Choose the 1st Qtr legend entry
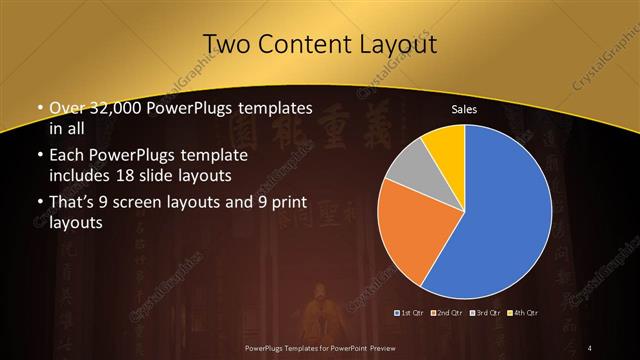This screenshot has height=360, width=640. coord(410,314)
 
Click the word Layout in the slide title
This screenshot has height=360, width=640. coord(401,44)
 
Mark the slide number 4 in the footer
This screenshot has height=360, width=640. coord(590,347)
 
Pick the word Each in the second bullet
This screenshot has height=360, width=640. coord(66,157)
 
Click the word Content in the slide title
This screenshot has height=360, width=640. coord(303,44)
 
